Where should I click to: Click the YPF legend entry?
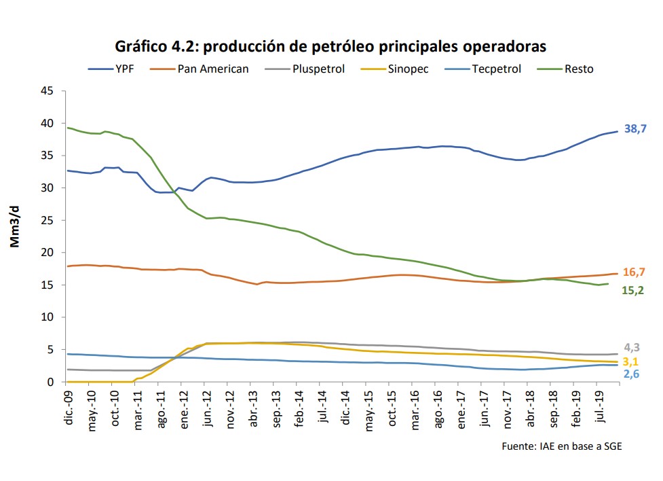(125, 69)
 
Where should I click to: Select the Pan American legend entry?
(212, 69)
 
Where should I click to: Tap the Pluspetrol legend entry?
(319, 69)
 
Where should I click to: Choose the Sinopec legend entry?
(408, 69)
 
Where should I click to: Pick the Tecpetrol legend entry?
(496, 69)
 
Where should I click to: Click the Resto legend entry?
(578, 69)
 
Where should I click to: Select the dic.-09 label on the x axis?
(68, 406)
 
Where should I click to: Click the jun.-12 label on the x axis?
(208, 406)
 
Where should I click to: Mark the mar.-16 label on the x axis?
(416, 406)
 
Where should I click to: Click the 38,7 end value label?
(634, 128)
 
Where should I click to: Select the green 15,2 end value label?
(633, 290)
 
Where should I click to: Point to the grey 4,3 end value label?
(631, 347)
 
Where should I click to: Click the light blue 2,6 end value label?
(631, 374)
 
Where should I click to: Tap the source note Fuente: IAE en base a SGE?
(561, 446)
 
